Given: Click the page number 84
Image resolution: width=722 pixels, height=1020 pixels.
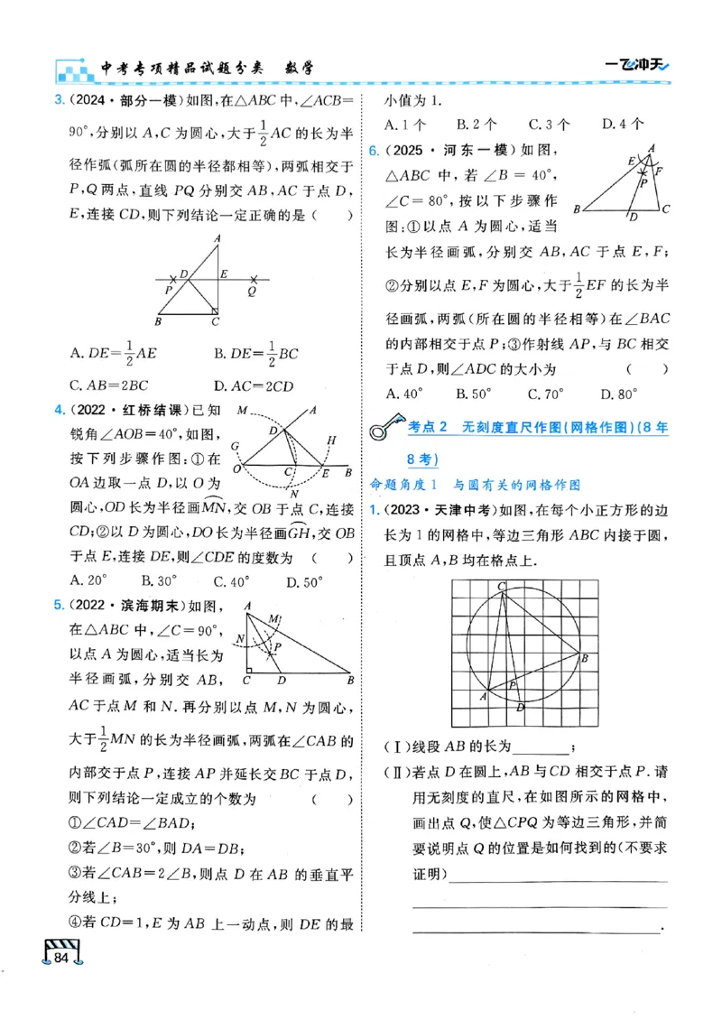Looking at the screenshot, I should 61,957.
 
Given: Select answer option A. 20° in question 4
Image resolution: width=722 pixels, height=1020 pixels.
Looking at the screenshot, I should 88,582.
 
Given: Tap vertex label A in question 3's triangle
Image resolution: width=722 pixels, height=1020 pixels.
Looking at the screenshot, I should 218,238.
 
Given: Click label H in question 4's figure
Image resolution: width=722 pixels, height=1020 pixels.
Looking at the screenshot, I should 331,440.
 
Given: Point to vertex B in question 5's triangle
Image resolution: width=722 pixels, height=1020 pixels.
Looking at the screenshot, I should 349,679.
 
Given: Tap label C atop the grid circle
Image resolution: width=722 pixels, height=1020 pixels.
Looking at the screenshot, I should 502,587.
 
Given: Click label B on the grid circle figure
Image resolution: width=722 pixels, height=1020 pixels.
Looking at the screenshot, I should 585,658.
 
